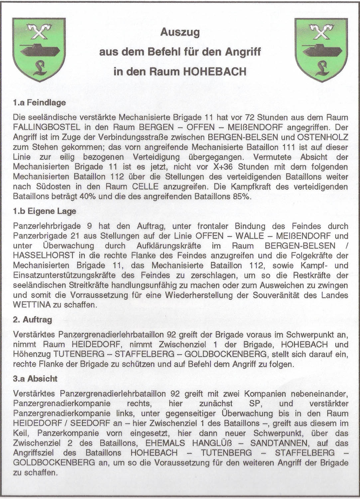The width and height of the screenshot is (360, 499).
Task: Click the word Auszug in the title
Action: click(180, 32)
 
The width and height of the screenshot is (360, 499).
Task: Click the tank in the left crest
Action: click(39, 49)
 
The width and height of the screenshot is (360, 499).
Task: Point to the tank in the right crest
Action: click(321, 49)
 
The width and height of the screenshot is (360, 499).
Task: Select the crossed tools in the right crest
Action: click(321, 32)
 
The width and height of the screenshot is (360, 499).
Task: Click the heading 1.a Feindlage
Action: click(39, 102)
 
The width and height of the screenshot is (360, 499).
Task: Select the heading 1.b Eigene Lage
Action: click(45, 211)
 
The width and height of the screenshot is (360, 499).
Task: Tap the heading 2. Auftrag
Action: click(33, 320)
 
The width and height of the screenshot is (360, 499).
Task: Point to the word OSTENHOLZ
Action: click(322, 137)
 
